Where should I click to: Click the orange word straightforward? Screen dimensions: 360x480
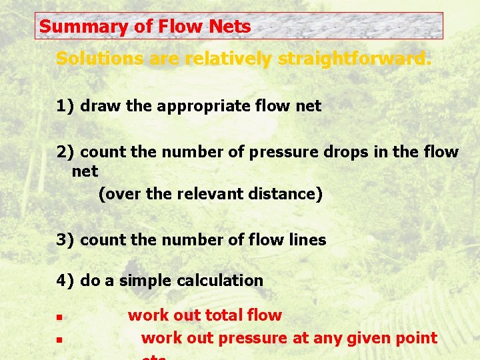[x=355, y=59]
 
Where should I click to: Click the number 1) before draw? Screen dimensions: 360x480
[x=65, y=105]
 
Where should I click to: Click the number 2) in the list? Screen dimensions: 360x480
[x=65, y=152]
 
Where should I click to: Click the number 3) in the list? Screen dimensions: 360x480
[x=65, y=240]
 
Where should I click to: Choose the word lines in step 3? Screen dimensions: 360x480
[x=307, y=240]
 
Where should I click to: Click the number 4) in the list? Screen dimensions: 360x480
[x=65, y=281]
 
